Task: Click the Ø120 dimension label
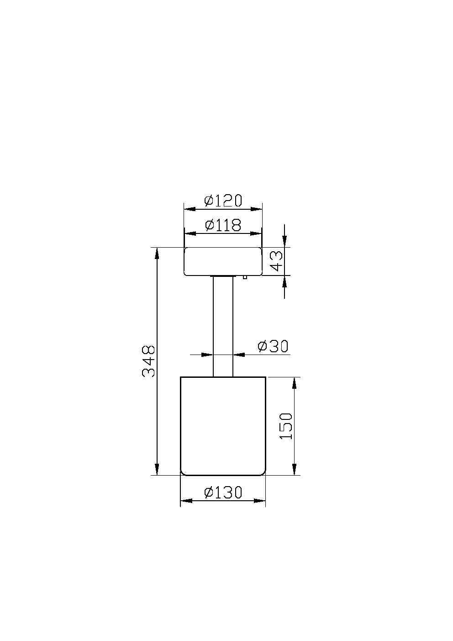click(223, 200)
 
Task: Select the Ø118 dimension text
click(223, 225)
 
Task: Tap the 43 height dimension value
click(276, 261)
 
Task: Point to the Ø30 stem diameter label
click(273, 346)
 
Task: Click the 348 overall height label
click(149, 361)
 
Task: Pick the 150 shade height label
click(286, 426)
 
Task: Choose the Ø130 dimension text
click(223, 493)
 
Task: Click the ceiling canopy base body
click(223, 261)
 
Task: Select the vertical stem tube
click(223, 327)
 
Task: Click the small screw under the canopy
click(245, 277)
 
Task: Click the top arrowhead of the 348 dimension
click(157, 253)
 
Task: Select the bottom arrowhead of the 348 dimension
click(157, 469)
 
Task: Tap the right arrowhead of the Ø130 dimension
click(260, 501)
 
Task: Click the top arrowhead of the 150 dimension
click(295, 383)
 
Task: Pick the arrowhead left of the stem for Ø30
click(208, 354)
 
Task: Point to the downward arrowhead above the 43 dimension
click(284, 242)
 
